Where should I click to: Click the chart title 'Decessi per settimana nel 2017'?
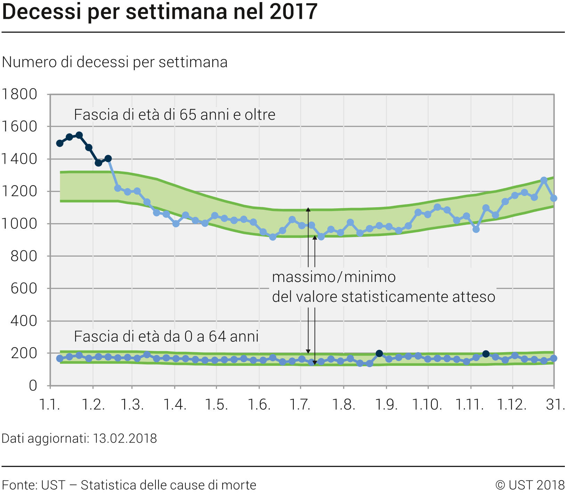[160, 12]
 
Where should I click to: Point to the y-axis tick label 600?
[24, 288]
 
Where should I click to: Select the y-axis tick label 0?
[33, 386]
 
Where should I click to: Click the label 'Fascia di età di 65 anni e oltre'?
[175, 115]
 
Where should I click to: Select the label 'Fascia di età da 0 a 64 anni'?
[166, 337]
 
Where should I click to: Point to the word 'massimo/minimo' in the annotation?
[334, 277]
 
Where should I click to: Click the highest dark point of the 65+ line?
[79, 135]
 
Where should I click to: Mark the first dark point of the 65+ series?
[60, 143]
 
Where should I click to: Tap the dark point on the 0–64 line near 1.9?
[379, 354]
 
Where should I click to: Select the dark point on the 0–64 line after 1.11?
[486, 354]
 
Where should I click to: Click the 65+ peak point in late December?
[544, 180]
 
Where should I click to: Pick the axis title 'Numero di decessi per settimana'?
[115, 62]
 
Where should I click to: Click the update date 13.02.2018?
[125, 438]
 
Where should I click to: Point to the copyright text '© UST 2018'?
[530, 485]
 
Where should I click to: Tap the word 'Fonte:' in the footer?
[19, 485]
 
